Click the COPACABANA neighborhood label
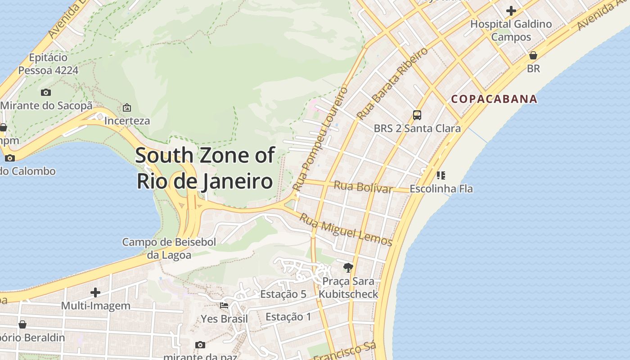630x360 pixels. tap(494, 99)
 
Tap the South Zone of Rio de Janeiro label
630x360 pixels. tap(205, 168)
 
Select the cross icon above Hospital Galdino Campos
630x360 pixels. tap(511, 10)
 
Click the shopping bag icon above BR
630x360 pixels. tap(533, 55)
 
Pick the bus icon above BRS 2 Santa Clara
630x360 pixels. tap(417, 115)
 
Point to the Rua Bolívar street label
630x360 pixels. tap(363, 186)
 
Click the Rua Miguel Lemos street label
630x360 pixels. tap(346, 230)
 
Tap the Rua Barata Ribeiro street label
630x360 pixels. tap(392, 84)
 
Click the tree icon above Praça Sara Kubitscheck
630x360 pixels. tap(348, 268)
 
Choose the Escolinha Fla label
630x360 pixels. tap(441, 189)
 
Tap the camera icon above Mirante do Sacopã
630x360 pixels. tap(46, 93)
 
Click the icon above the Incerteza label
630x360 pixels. tap(127, 108)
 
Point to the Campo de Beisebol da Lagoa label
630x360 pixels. tap(169, 248)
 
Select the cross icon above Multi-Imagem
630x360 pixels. tap(95, 292)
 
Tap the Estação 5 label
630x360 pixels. tap(283, 294)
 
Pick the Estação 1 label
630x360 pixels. tap(288, 317)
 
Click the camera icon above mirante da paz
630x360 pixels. tap(200, 345)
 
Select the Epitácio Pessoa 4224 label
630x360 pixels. tap(48, 64)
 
